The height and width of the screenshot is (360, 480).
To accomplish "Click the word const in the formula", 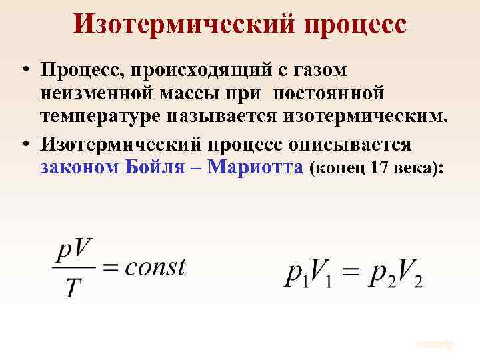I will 155,267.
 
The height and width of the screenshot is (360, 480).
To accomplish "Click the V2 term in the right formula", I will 409,275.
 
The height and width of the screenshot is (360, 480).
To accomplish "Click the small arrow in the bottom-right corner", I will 436,345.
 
